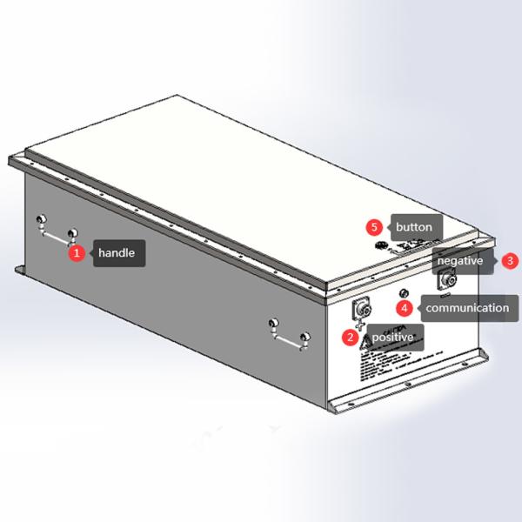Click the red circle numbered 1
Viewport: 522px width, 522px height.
[x=77, y=253]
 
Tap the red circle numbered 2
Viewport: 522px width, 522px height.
[x=350, y=336]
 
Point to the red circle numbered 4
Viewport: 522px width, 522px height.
[x=404, y=307]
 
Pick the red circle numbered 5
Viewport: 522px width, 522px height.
[x=374, y=227]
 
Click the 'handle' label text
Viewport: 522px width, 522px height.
[x=116, y=253]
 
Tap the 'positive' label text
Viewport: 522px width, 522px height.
[x=393, y=336]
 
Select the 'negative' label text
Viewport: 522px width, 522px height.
[x=460, y=260]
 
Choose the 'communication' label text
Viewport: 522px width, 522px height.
[x=467, y=307]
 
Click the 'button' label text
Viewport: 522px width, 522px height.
[x=413, y=227]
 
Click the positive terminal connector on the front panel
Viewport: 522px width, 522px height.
[x=362, y=309]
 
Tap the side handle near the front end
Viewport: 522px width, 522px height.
[x=286, y=335]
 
